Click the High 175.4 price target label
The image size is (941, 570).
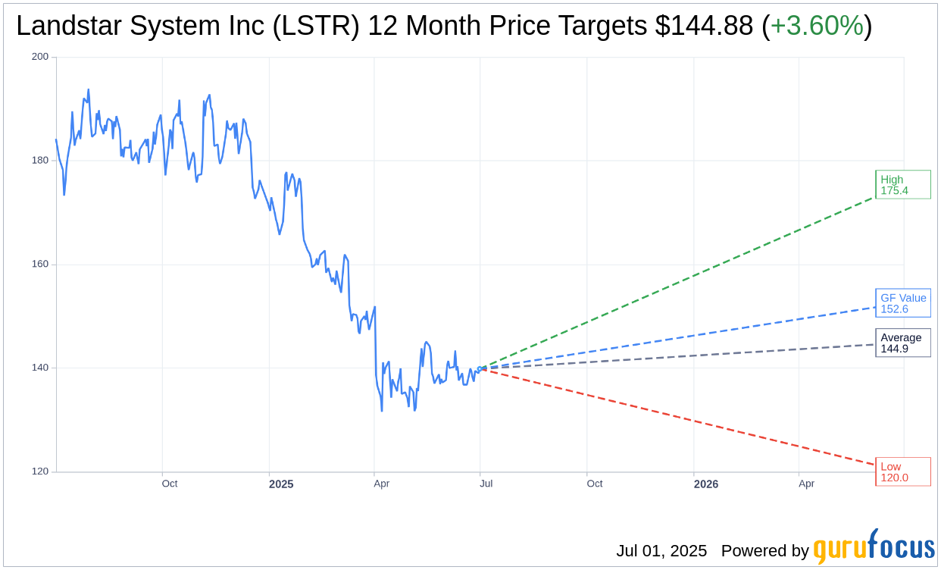click(902, 185)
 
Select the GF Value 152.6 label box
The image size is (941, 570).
click(902, 303)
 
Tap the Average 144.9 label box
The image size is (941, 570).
click(902, 343)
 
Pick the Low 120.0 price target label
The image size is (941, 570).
click(902, 471)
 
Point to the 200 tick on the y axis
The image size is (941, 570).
click(39, 57)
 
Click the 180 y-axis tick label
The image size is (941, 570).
click(39, 161)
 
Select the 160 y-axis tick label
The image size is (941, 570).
click(39, 265)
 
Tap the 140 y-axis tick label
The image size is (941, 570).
click(39, 368)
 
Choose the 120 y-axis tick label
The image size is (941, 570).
click(39, 471)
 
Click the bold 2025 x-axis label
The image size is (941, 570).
click(281, 484)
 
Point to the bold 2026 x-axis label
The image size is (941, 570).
click(706, 484)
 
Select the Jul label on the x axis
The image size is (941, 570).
click(486, 484)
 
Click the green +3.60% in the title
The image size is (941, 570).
click(817, 27)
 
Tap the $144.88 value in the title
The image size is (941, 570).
click(704, 27)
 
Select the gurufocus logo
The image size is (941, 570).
click(874, 548)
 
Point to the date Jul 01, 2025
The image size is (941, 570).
click(661, 551)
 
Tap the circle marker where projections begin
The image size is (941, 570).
click(480, 368)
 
